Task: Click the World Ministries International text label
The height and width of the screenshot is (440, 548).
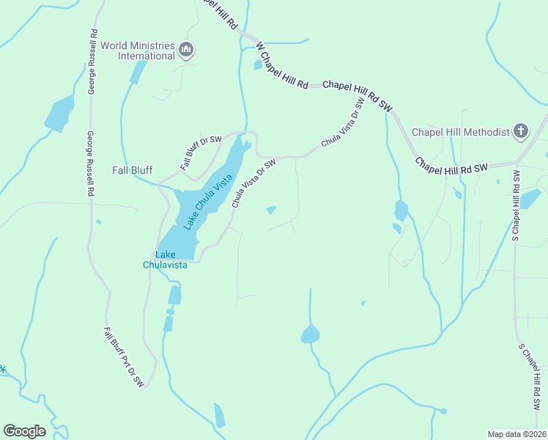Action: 138,50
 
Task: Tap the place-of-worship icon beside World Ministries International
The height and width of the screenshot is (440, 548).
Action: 186,50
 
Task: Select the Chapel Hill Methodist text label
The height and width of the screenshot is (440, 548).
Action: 460,132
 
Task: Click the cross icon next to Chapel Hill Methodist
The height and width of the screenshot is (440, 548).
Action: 520,131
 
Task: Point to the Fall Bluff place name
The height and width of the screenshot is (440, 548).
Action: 132,169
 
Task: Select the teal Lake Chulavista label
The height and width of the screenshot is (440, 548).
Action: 165,260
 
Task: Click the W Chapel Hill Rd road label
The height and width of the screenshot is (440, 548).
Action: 282,65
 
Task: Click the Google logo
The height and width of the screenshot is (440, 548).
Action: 24,431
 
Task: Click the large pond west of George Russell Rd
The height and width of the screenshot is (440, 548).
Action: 59,114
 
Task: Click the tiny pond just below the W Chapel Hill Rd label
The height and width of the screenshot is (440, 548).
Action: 258,65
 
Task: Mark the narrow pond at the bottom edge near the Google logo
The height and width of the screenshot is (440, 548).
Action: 219,415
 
